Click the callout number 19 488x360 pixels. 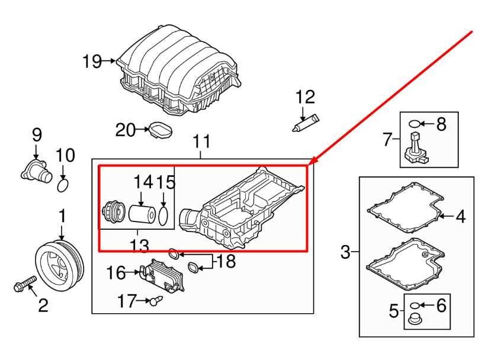tap(92, 62)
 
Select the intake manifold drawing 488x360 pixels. tap(179, 70)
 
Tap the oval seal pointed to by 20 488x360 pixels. tap(160, 130)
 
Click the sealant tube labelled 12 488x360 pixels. tap(306, 123)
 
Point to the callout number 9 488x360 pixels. tap(37, 135)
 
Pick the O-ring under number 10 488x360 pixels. tap(63, 185)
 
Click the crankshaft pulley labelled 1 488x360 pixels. tap(59, 265)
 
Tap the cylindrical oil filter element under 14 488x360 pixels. tap(142, 214)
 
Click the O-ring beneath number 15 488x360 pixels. tap(164, 215)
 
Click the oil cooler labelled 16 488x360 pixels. tap(162, 276)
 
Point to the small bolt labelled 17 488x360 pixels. tap(156, 301)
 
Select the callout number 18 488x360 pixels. tap(226, 261)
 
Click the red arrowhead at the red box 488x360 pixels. tap(313, 160)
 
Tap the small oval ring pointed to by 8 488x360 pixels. tap(414, 124)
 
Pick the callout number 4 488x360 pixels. tap(461, 216)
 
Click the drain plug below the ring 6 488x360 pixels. tap(415, 319)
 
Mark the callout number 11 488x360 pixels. tap(201, 142)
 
